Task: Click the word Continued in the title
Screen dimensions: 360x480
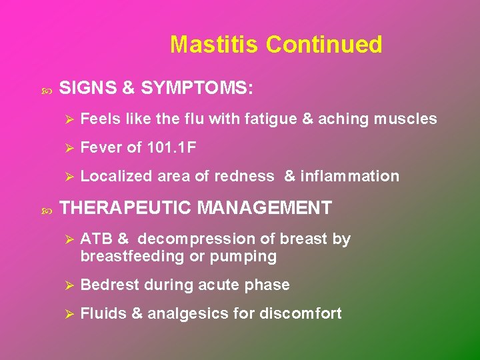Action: pyautogui.click(x=324, y=45)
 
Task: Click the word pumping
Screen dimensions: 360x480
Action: pyautogui.click(x=245, y=256)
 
